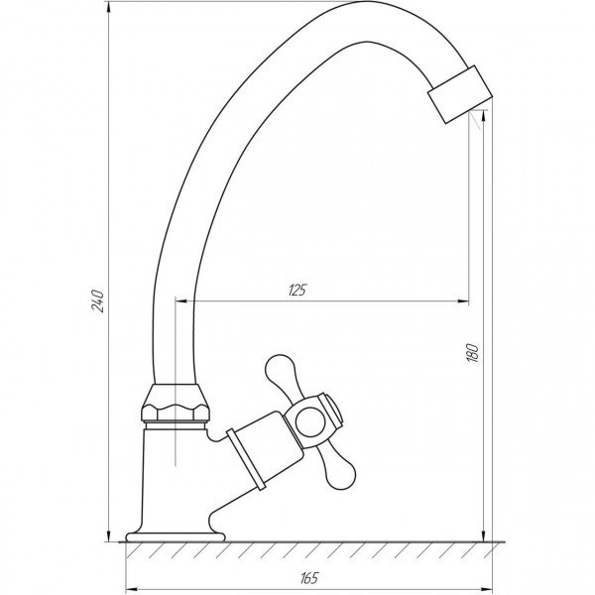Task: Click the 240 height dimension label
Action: [x=96, y=299]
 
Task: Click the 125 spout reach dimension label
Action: [x=297, y=290]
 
